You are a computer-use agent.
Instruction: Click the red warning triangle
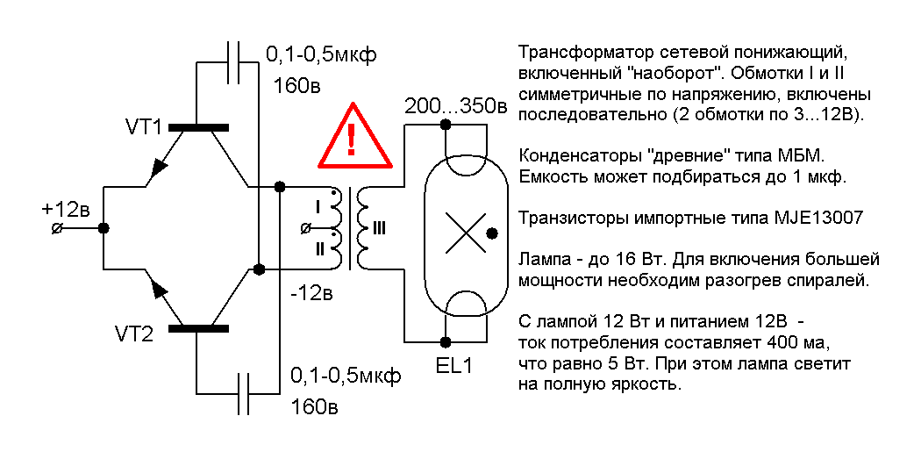click(352, 138)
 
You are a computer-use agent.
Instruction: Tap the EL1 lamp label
click(453, 365)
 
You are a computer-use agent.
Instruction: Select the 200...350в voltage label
click(455, 107)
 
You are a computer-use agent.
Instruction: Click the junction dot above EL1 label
click(446, 341)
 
